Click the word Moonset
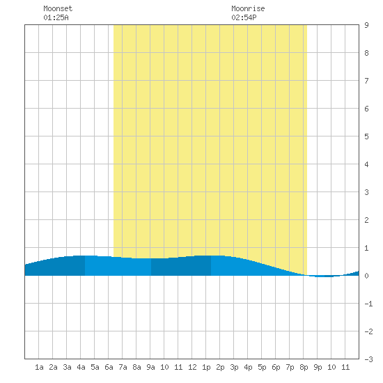pyautogui.click(x=58, y=8)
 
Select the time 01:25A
pyautogui.click(x=56, y=17)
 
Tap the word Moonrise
pyautogui.click(x=248, y=8)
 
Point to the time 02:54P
pyautogui.click(x=244, y=17)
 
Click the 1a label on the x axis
pyautogui.click(x=39, y=367)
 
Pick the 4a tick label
pyautogui.click(x=81, y=367)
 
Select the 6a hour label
pyautogui.click(x=109, y=367)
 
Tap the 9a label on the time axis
pyautogui.click(x=150, y=367)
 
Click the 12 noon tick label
pyautogui.click(x=192, y=367)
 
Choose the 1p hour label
pyautogui.click(x=206, y=367)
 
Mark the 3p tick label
pyautogui.click(x=234, y=367)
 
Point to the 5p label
pyautogui.click(x=262, y=367)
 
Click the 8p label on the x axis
pyautogui.click(x=304, y=367)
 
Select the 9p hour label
pyautogui.click(x=318, y=367)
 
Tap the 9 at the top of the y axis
pyautogui.click(x=366, y=25)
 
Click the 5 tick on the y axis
pyautogui.click(x=366, y=136)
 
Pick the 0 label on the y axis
pyautogui.click(x=366, y=276)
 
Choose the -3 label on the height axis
pyautogui.click(x=368, y=359)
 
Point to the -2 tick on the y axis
pyautogui.click(x=368, y=331)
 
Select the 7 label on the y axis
pyautogui.click(x=366, y=81)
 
